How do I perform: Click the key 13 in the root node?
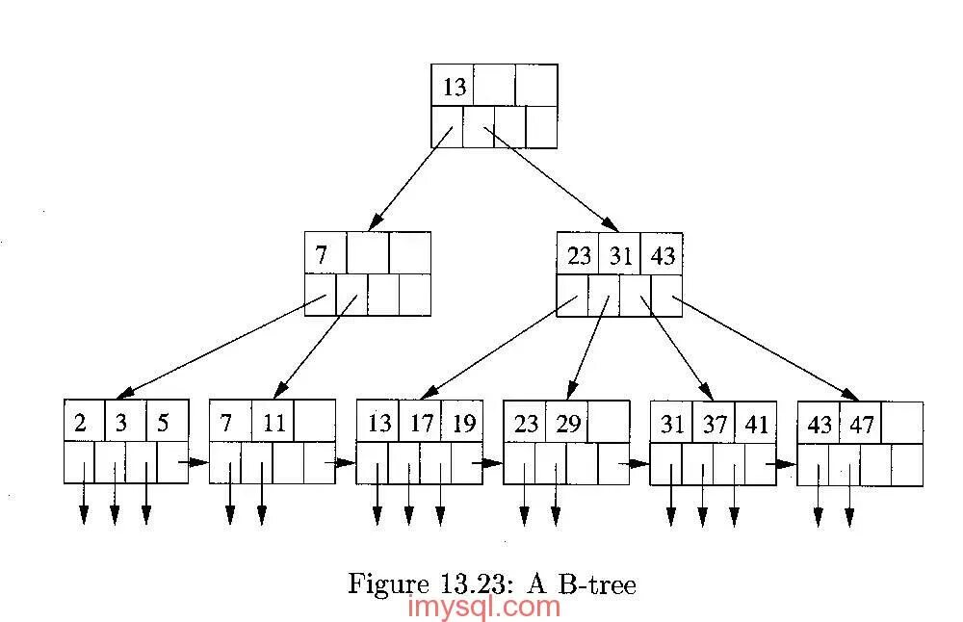pos(454,87)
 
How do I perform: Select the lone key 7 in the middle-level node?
pos(322,255)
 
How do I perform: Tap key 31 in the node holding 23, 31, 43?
pos(618,255)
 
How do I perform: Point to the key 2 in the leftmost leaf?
pos(80,424)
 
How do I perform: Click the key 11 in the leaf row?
pos(273,424)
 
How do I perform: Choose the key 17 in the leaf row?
pos(422,424)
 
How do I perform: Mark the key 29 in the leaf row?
pos(568,424)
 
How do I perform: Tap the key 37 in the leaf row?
pos(716,424)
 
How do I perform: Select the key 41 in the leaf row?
pos(757,424)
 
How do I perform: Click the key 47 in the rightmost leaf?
pos(861,424)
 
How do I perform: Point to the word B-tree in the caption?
pos(603,583)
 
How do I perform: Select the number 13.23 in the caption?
pos(459,583)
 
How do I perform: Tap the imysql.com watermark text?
pos(484,608)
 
